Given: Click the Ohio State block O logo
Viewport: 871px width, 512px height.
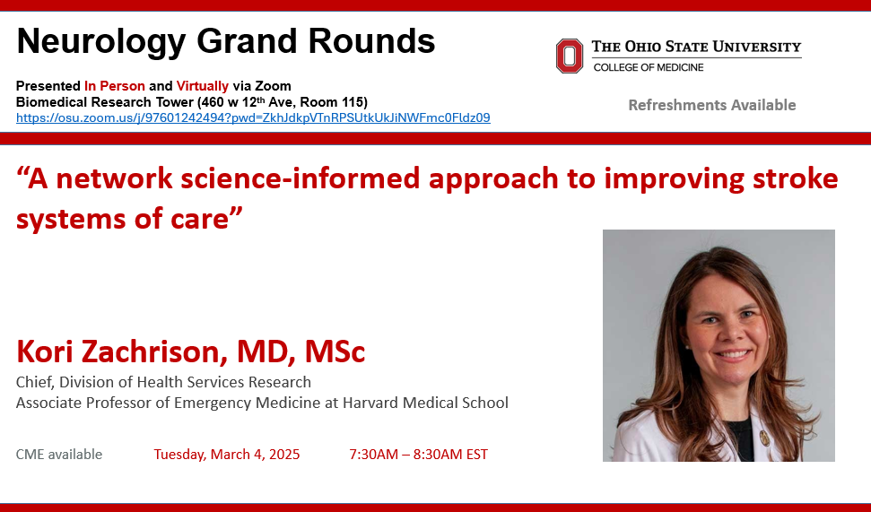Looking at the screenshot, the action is tap(570, 56).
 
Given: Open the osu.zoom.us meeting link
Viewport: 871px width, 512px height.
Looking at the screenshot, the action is tap(253, 117).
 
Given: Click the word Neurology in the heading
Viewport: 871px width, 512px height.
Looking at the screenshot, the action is tap(101, 42).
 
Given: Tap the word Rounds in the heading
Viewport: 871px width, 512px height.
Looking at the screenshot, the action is tap(371, 41).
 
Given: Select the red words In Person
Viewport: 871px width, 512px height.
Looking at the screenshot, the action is tap(115, 86).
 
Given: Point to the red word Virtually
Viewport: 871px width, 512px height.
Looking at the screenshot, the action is tap(202, 86).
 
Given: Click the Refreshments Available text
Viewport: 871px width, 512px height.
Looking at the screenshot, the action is tap(711, 105).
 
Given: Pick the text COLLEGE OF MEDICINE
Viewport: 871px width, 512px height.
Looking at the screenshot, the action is tap(649, 67).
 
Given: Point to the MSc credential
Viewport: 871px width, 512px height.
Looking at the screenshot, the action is tap(335, 351).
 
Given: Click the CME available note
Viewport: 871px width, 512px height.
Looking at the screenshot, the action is tap(59, 455).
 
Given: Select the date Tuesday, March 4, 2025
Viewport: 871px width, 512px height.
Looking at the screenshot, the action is tap(227, 455).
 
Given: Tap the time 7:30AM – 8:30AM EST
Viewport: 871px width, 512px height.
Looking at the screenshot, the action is tap(418, 455).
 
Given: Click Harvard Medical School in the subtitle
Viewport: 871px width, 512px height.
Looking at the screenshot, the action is tap(425, 403).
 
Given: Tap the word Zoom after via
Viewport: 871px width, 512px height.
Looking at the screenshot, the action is tap(273, 86).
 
